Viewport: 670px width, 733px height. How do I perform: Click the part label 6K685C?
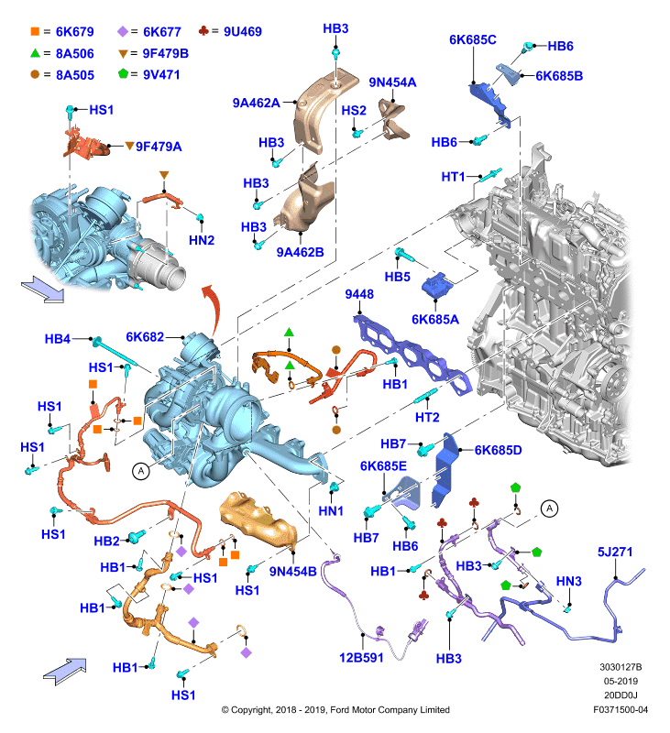472,39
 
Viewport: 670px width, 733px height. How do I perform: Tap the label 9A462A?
257,103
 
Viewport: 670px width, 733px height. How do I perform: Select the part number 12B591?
361,658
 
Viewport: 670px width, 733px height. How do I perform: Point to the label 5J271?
615,552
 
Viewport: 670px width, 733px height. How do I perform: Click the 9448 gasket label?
359,294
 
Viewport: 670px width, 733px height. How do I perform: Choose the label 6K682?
145,337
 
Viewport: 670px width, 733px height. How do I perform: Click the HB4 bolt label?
58,339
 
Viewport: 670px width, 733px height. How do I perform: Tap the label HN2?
202,240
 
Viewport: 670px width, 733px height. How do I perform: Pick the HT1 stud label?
453,177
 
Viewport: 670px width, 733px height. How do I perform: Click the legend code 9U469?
243,32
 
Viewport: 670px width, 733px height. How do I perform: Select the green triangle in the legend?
35,53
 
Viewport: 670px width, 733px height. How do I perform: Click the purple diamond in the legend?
123,31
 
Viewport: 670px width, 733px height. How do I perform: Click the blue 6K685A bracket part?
437,285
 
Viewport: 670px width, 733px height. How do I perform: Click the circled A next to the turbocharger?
141,471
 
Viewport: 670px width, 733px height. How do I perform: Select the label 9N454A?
392,82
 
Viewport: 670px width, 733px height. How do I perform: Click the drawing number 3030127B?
621,667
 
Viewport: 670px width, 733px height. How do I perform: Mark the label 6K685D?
498,450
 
